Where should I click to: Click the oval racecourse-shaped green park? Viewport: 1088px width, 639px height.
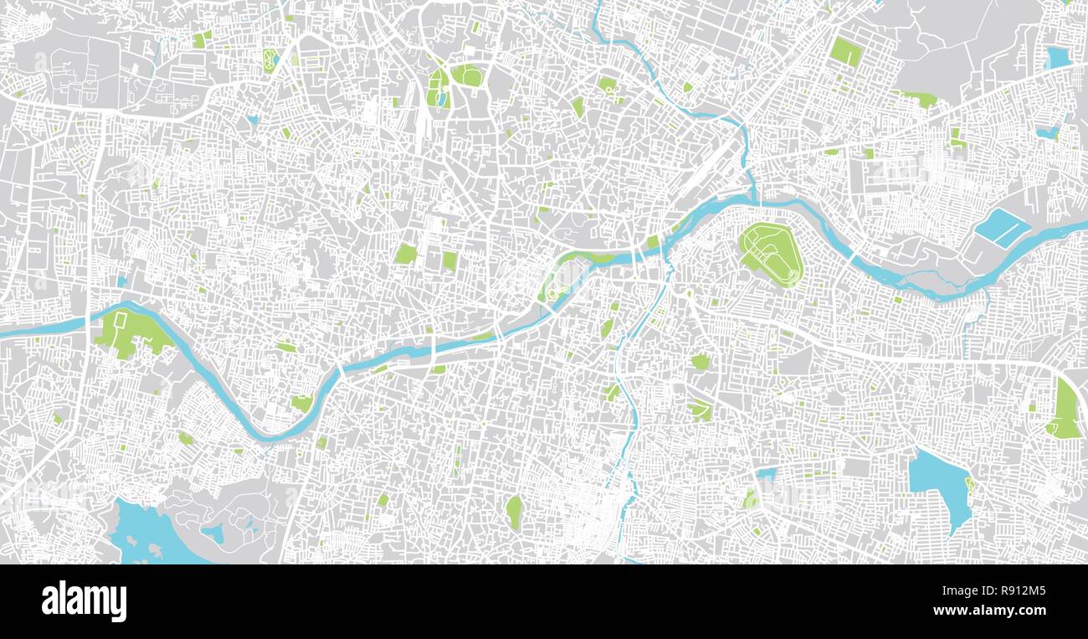771,252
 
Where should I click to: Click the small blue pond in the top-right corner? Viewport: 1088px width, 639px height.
1058,57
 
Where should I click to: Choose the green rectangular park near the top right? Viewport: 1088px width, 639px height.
845,52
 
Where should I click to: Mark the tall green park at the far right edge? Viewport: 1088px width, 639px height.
1065,410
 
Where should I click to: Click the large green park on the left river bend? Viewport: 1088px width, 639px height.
130,332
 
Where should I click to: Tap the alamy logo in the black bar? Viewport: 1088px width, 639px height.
84,600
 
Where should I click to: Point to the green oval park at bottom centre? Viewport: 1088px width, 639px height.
513,511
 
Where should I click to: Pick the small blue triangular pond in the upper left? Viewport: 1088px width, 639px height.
253,120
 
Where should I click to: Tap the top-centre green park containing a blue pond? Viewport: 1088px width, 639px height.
438,88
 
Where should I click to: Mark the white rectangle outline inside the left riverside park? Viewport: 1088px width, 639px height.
121,321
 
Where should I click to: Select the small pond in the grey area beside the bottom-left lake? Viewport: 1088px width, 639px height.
212,532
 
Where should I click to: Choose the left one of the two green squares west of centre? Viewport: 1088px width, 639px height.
406,254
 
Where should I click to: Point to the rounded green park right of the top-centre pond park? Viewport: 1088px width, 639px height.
467,75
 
